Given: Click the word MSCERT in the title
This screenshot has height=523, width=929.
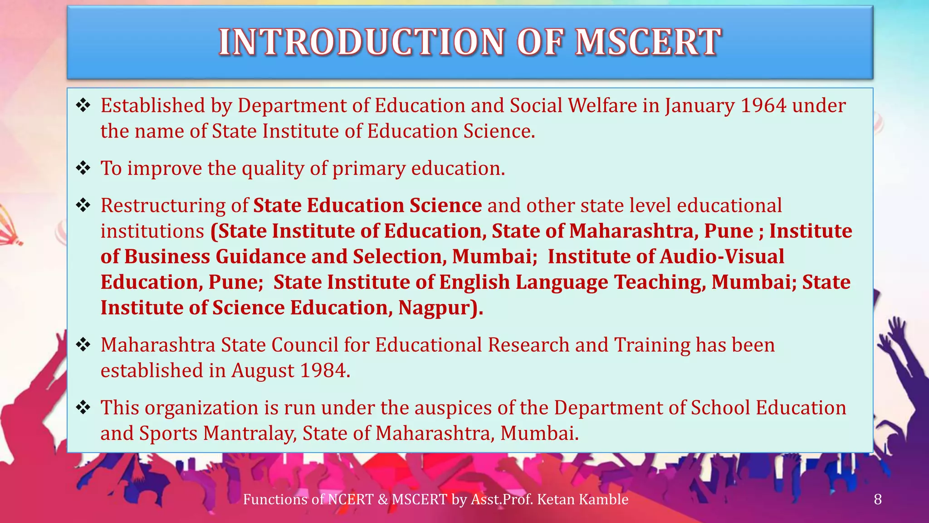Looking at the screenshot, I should [x=648, y=42].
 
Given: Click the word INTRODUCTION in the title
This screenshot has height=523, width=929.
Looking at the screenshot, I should [x=362, y=42].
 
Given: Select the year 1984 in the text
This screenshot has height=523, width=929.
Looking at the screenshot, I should [x=323, y=371].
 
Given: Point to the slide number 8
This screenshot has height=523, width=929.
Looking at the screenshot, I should [x=878, y=499].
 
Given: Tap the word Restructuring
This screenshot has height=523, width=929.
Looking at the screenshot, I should [x=163, y=206].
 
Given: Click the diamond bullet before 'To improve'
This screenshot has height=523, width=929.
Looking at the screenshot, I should [x=83, y=168].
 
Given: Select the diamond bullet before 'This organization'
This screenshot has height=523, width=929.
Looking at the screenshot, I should [x=83, y=407].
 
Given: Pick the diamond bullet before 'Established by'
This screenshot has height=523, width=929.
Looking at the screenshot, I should [x=83, y=105].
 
